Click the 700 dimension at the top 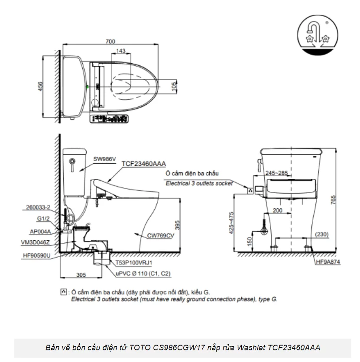click(110, 42)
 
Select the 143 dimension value click(121, 51)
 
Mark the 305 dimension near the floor click(81, 275)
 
